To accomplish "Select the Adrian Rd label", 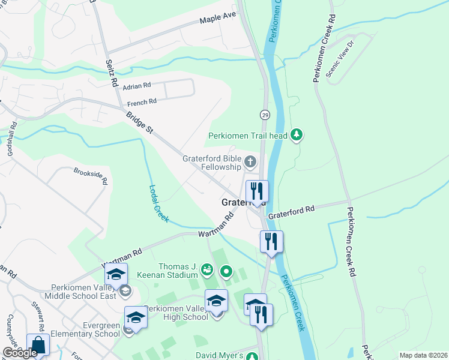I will [136, 86].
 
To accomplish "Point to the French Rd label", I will [142, 102].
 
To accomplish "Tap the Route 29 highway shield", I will [264, 114].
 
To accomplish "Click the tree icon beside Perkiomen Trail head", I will [295, 136].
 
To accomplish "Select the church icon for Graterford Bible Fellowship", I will [250, 161].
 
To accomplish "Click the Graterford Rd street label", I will [291, 211].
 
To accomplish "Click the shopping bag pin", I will [38, 346].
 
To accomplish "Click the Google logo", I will [19, 353].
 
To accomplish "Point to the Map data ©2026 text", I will [423, 355].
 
